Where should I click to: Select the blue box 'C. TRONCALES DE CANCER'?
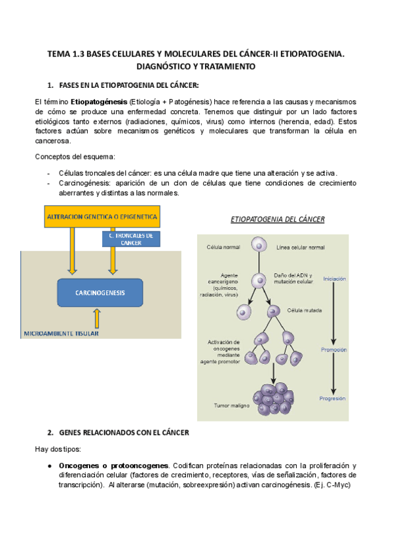tap(131, 239)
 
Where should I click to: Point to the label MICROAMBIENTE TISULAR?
tap(62, 334)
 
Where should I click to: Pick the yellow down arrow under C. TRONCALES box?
tap(113, 260)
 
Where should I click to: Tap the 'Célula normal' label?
tap(223, 247)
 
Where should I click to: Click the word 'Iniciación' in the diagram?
tap(334, 279)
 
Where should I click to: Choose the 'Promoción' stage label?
tap(333, 349)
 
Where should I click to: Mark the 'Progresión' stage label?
tap(333, 399)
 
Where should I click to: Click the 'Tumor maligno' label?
tap(231, 405)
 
